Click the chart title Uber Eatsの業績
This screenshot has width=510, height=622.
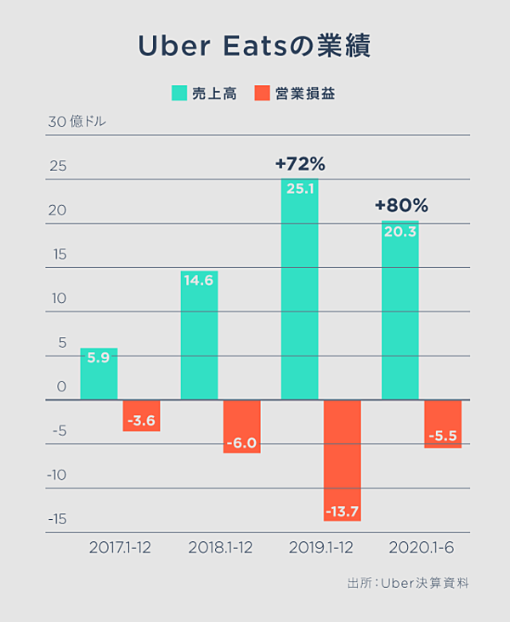click(x=254, y=47)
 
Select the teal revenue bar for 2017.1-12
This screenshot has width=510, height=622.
click(x=99, y=374)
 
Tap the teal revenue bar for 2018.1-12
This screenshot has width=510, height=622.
click(x=199, y=335)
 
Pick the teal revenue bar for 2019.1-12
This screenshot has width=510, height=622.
click(x=299, y=289)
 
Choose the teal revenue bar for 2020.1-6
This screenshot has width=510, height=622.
click(x=399, y=311)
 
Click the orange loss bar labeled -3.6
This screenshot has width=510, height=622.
click(x=141, y=415)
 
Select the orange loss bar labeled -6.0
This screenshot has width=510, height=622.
click(x=241, y=426)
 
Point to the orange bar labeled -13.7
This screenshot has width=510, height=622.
click(x=342, y=459)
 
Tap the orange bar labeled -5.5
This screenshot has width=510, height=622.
click(x=443, y=424)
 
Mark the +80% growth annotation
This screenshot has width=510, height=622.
click(x=400, y=206)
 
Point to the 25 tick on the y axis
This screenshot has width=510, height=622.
click(x=57, y=166)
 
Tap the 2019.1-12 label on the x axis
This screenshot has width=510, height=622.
click(x=320, y=547)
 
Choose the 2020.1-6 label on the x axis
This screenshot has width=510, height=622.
click(x=421, y=547)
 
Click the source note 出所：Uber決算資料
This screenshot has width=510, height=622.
click(x=408, y=584)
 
